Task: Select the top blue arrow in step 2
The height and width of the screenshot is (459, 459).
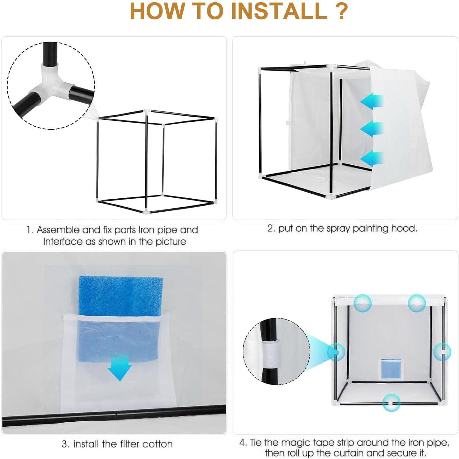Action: pos(372,102)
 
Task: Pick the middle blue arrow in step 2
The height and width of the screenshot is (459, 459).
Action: pos(372,129)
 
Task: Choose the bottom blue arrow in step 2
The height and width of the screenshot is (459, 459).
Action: pos(372,158)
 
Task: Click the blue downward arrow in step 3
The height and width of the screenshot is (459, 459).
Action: pos(120,367)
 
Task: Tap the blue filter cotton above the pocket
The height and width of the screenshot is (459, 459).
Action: pos(121,296)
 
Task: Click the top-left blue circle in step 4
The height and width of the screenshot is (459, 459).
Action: pos(362,303)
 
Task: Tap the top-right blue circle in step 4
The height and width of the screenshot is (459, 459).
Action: pos(417,303)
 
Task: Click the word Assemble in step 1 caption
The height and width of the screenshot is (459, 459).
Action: pos(58,230)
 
